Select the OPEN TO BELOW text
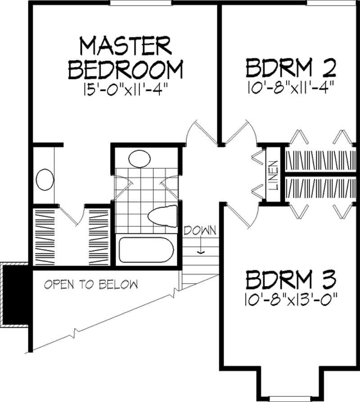tap(90, 285)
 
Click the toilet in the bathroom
tap(163, 216)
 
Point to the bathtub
tap(146, 250)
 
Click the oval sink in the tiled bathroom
tap(139, 159)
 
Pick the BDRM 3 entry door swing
tap(236, 216)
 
